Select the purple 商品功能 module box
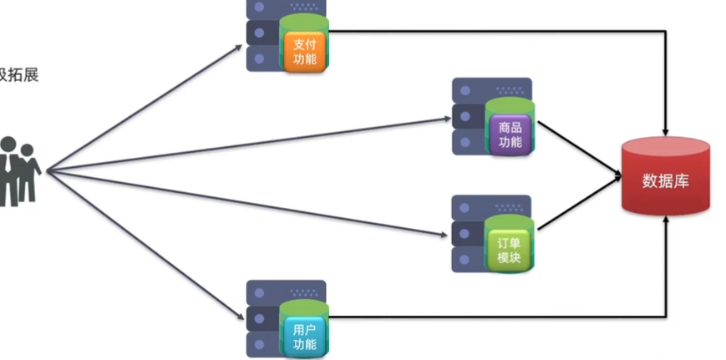[510, 134]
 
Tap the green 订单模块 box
[508, 249]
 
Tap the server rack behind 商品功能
[470, 116]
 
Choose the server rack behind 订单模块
[469, 234]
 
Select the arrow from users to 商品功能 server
[251, 145]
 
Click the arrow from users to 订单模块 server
[251, 203]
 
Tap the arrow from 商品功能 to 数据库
[579, 149]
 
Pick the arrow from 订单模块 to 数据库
[579, 204]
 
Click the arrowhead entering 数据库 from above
[666, 129]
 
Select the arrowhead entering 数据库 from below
[666, 222]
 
